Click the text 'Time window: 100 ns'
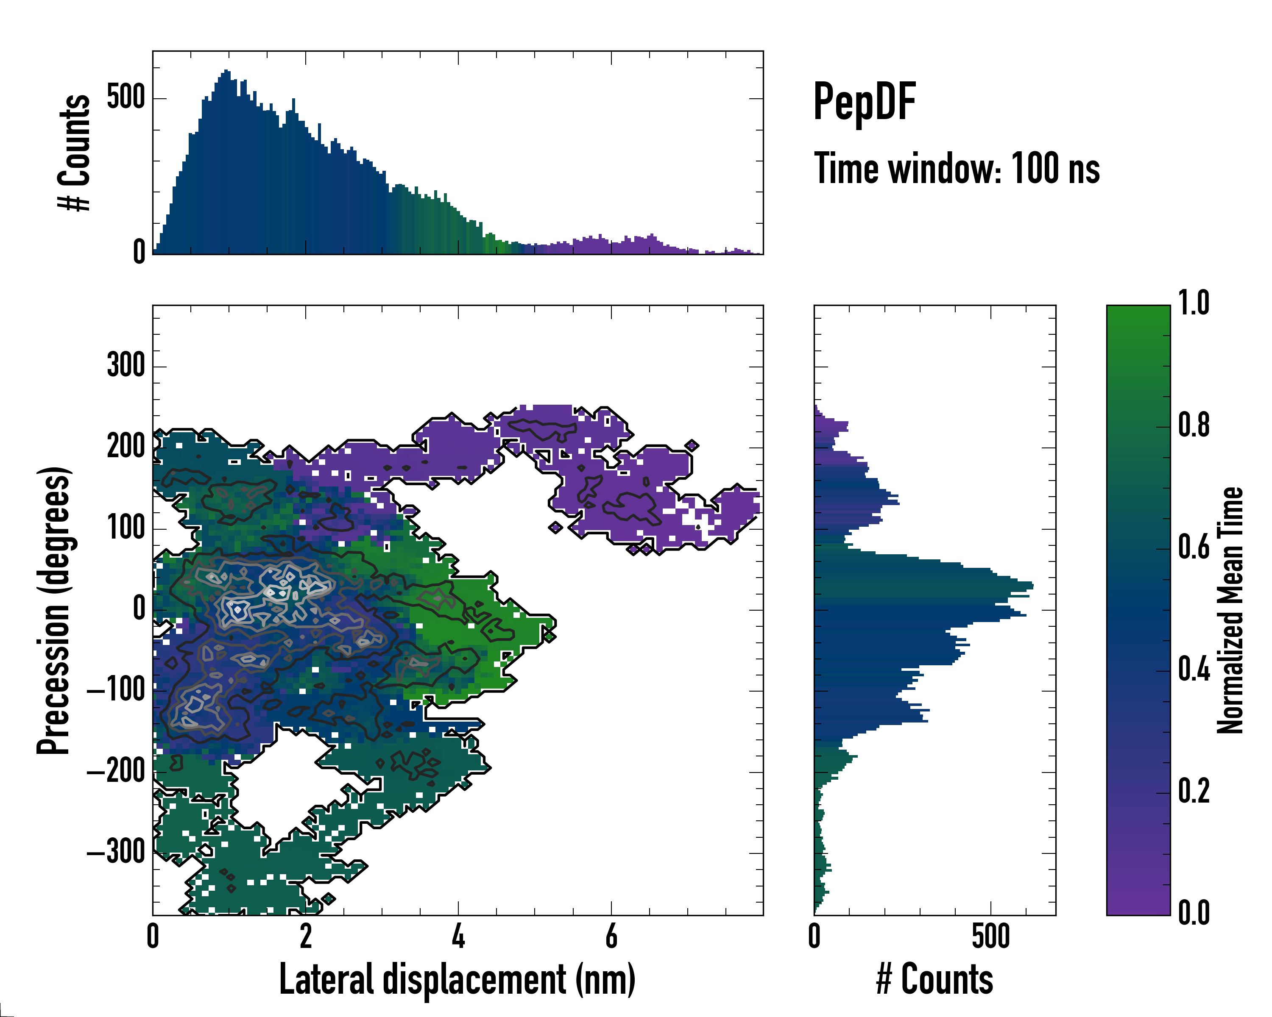(957, 169)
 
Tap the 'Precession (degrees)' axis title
(54, 610)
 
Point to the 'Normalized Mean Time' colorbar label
(1230, 610)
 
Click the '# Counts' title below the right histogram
(934, 979)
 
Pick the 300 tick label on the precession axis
(126, 366)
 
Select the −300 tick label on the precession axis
(116, 853)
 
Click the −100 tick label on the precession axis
(116, 690)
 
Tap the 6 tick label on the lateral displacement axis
(611, 936)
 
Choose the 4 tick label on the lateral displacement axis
(458, 936)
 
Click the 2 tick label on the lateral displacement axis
(306, 936)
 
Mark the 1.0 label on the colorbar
(1194, 304)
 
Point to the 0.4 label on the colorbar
(1194, 670)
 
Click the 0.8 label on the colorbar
(1194, 426)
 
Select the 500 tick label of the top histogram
(126, 98)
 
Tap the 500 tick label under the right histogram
(990, 936)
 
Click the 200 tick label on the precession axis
(126, 447)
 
